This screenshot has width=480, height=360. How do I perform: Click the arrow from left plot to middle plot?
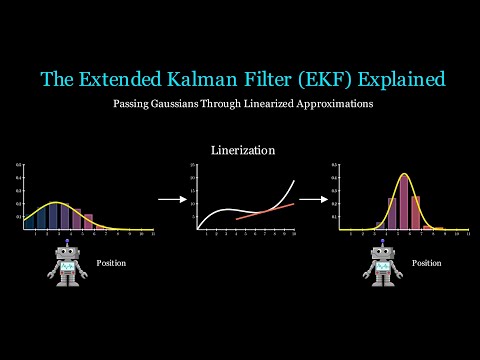(171, 199)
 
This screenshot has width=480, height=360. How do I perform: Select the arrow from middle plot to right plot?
(314, 199)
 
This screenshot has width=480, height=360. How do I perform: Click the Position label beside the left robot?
(111, 264)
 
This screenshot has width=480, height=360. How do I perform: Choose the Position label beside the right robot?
(426, 264)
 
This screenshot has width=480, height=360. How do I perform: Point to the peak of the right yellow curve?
(405, 175)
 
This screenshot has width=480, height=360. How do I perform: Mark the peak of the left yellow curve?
(59, 203)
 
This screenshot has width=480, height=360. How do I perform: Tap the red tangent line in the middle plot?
(265, 211)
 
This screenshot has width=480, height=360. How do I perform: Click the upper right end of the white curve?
(295, 181)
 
